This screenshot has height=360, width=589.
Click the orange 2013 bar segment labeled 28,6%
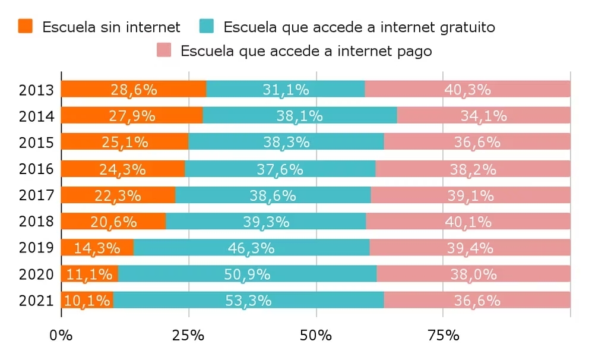point(134,89)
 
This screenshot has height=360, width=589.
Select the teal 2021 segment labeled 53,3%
point(249,300)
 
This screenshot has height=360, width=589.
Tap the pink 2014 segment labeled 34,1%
point(484,115)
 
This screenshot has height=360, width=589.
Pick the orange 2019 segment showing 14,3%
point(97,247)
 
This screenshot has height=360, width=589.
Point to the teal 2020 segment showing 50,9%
point(248,274)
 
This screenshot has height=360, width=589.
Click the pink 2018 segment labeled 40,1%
point(468,221)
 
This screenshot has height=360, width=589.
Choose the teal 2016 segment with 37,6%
point(280,168)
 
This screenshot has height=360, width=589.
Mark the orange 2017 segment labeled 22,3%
point(118,195)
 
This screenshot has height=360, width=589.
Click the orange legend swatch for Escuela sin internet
point(25,26)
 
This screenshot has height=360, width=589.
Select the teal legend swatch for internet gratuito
point(207,26)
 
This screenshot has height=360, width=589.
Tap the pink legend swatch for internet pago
point(164,50)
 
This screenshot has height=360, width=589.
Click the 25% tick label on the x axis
point(188,335)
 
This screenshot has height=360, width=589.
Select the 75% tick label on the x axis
point(444,335)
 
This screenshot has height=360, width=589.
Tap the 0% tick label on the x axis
point(61,335)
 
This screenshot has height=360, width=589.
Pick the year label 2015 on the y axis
point(36,143)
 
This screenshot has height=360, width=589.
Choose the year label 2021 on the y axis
point(36,301)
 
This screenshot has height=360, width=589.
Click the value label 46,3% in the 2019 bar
point(251,248)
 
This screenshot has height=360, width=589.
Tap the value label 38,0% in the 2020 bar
point(474,274)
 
